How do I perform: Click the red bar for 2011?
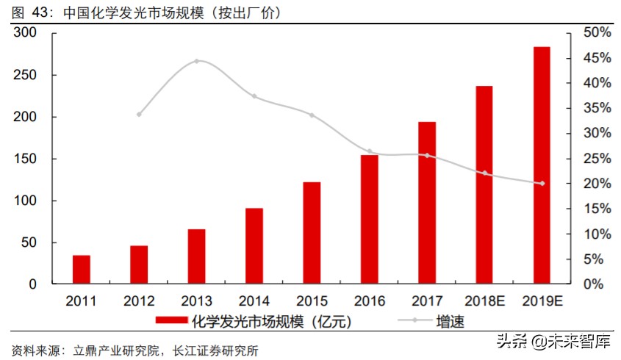[82, 270]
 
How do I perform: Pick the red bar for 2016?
[370, 219]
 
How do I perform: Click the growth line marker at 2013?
[197, 61]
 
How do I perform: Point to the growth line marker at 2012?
[140, 114]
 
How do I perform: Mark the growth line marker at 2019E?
[542, 184]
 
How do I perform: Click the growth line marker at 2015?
[312, 115]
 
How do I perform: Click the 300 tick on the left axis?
[26, 33]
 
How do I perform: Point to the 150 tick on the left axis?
[26, 159]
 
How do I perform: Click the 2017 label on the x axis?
[427, 301]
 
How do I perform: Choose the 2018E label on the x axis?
[484, 301]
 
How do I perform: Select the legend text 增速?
[450, 321]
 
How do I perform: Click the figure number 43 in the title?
[32, 12]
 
